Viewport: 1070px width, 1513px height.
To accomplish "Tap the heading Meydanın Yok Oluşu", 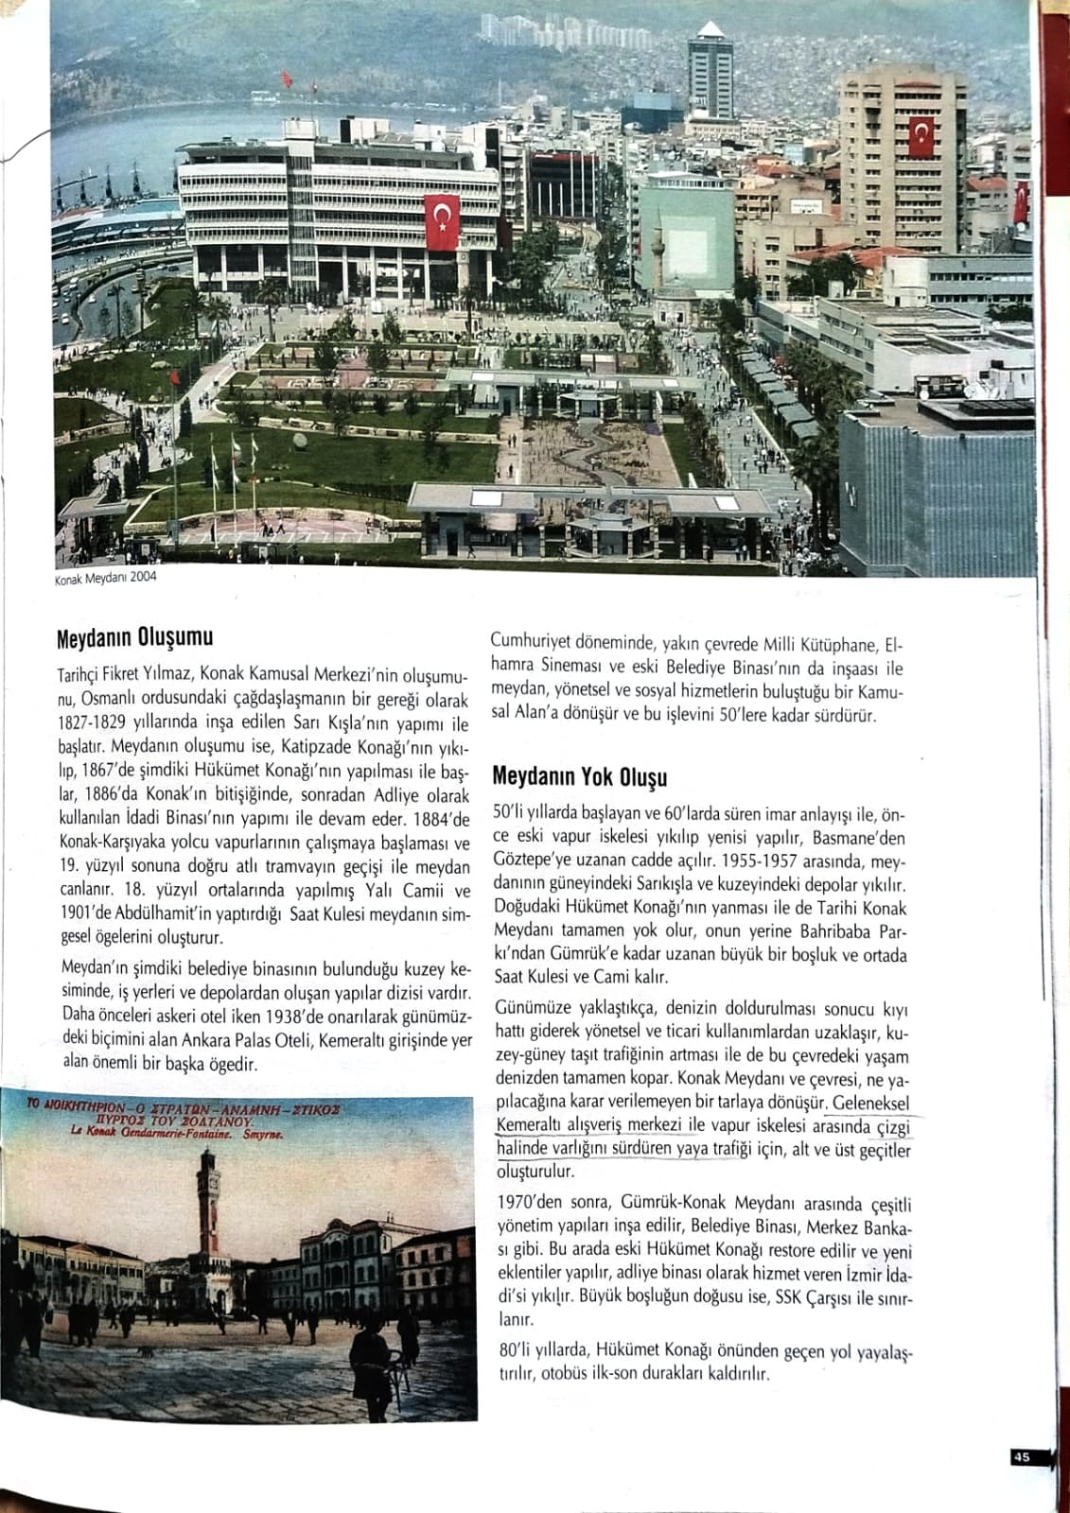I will [579, 778].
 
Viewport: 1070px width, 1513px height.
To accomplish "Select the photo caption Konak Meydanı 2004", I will [105, 578].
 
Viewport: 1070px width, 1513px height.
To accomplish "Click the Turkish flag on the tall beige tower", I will [920, 138].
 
